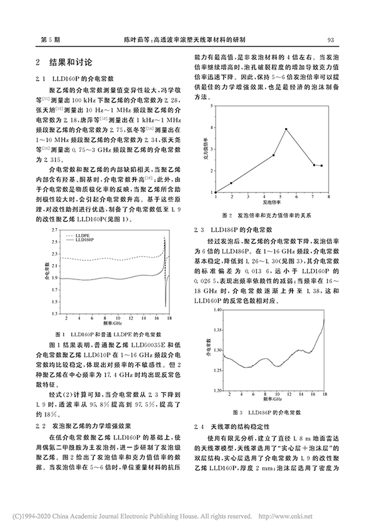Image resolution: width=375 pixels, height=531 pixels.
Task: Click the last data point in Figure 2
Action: pyautogui.click(x=321, y=166)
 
